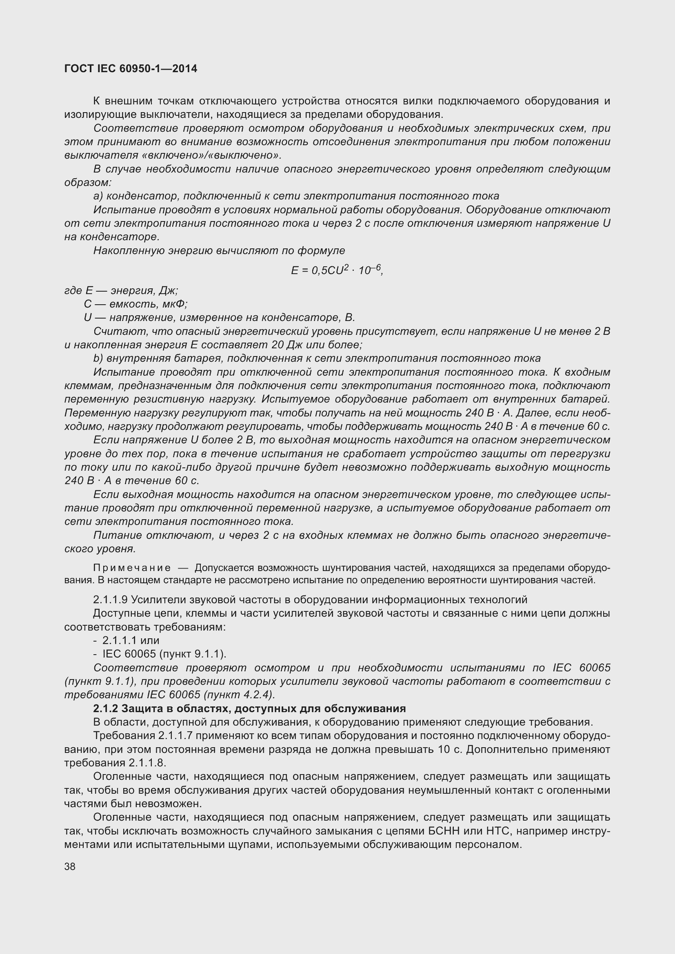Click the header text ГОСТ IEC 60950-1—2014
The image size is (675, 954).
tap(131, 69)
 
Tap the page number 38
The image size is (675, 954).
tap(70, 866)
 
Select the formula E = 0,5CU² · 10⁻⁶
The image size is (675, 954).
tap(337, 270)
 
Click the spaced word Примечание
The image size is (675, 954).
tap(132, 568)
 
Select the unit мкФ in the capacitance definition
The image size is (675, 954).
tap(175, 304)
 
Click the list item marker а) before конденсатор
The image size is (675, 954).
tap(98, 196)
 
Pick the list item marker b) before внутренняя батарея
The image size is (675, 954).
tap(98, 358)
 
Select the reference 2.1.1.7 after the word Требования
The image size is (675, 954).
tap(175, 735)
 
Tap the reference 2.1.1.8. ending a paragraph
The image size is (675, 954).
tap(147, 763)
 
